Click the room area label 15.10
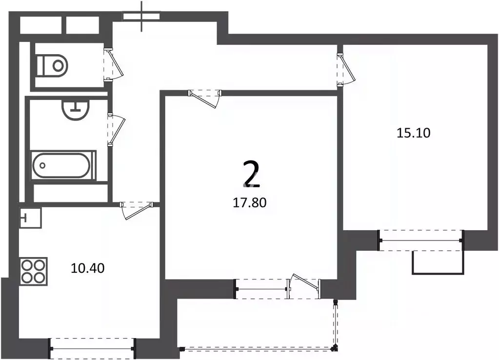coord(413,132)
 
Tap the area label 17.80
coord(250,202)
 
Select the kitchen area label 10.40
coord(87,268)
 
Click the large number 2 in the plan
coord(251,174)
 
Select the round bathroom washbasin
coord(77,110)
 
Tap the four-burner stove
coord(34,272)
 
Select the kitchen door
coord(137,211)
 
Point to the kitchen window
coord(92,349)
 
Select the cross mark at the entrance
coord(142,16)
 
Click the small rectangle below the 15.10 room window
coord(437,262)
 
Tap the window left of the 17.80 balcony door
coord(262,289)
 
